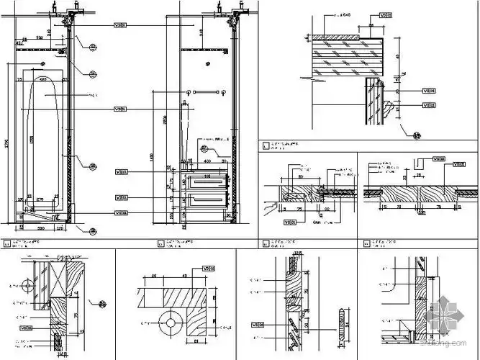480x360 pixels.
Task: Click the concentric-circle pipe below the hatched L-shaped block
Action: (x=171, y=323)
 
